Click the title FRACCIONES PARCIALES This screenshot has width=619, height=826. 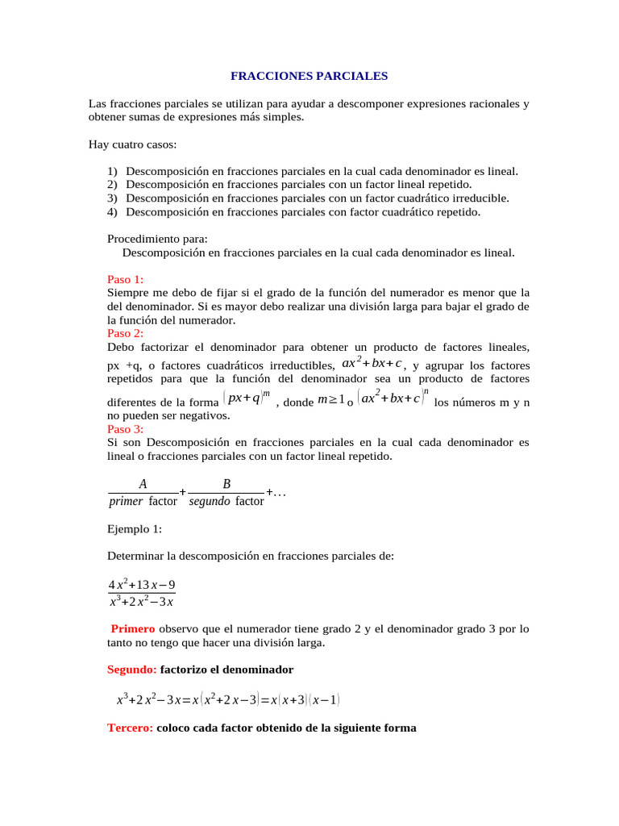click(309, 77)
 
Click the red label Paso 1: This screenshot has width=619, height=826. click(125, 279)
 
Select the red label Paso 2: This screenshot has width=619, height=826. click(125, 333)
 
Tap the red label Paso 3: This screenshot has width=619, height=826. click(125, 429)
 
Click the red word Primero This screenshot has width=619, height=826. click(133, 628)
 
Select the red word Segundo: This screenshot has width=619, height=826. click(132, 670)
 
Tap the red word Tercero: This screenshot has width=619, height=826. click(131, 728)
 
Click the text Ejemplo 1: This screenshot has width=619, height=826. click(135, 529)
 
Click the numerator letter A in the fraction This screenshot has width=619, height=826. click(143, 484)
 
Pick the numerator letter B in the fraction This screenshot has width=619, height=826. click(226, 484)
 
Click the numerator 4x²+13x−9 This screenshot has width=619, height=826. click(141, 585)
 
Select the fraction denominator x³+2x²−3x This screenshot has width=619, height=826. click(141, 602)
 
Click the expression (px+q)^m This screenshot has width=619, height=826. click(247, 399)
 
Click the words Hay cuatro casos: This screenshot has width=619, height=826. click(132, 145)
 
